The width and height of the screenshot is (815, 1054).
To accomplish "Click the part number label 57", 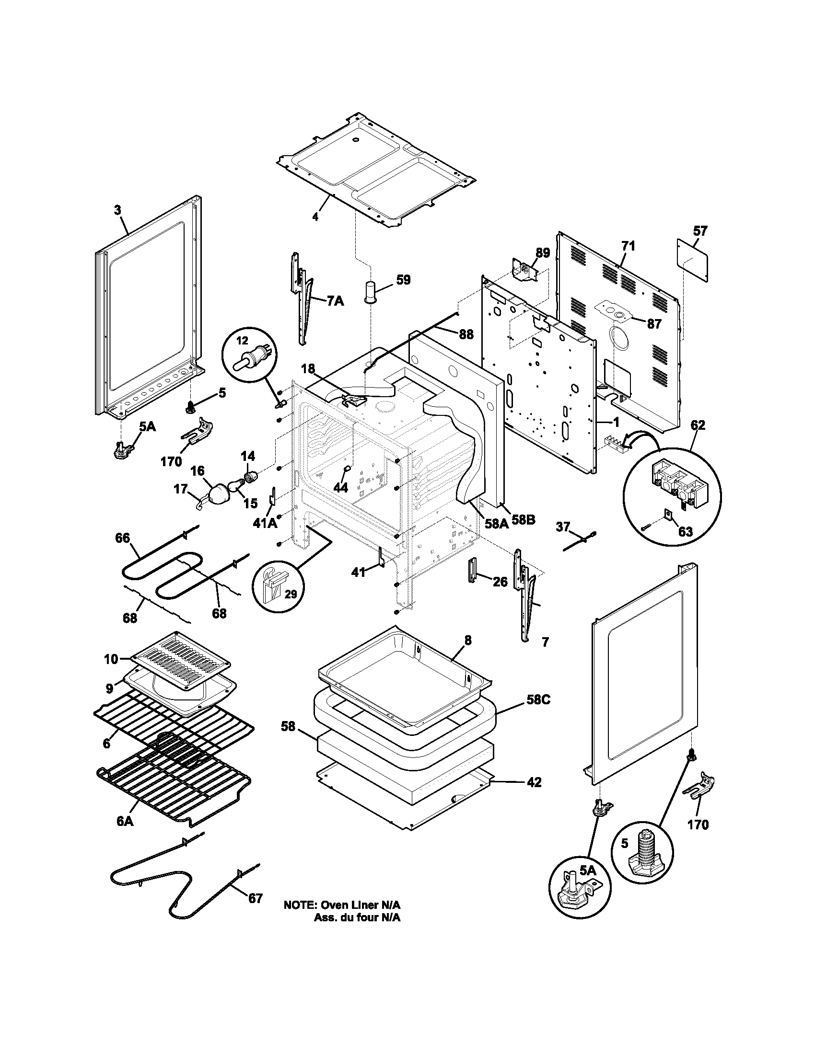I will coord(700,231).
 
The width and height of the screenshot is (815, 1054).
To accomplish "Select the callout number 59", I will coord(403,279).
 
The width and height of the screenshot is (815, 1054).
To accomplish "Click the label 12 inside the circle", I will coord(242,341).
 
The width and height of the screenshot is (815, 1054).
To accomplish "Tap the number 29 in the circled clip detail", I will coord(290,594).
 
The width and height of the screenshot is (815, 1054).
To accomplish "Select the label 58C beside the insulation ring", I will coord(538,700).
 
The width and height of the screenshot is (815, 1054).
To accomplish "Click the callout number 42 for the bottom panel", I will coord(534,782).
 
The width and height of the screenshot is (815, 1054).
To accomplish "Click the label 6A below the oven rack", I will coord(125,821).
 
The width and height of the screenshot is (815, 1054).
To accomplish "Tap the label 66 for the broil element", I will coord(123,538).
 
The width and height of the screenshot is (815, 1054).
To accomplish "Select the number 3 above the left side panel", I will coord(117,210).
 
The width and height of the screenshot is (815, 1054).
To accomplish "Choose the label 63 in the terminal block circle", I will coord(685,531).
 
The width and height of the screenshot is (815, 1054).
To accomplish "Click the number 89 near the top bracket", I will coord(543,253).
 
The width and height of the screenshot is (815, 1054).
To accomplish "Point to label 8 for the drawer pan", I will coord(468,640).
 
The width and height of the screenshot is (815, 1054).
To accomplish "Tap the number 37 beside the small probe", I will coord(563,527).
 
